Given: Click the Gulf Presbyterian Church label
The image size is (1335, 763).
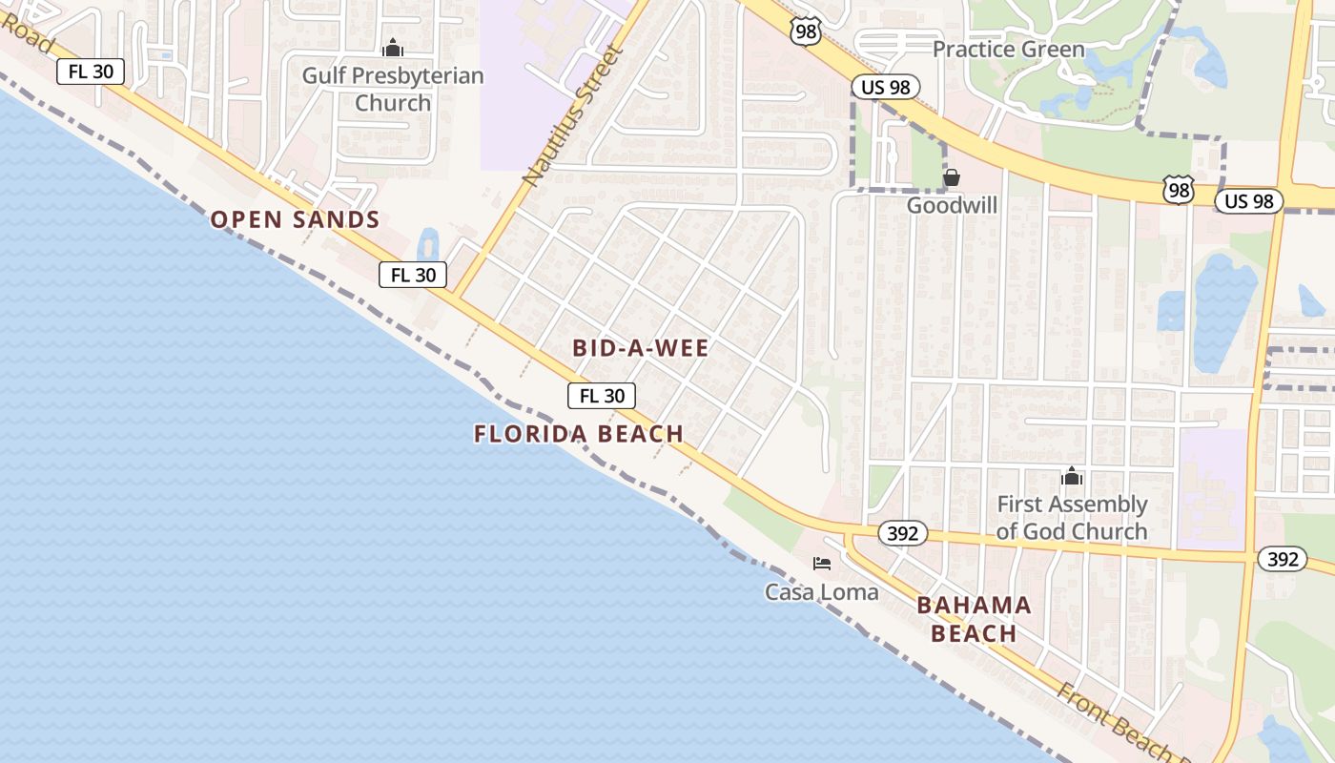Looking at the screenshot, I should coord(393,89).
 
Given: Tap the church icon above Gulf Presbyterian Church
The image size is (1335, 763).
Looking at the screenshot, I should coord(393,48).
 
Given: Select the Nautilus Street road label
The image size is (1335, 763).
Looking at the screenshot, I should coord(572,114).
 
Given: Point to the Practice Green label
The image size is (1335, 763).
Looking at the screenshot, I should coord(1008,49).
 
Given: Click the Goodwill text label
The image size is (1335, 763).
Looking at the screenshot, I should coord(952,205).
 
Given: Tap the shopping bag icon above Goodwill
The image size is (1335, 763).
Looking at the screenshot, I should coord(951,177).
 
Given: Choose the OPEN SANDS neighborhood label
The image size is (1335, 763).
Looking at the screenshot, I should coord(295,219).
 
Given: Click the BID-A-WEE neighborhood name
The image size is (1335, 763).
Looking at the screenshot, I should coord(641,348).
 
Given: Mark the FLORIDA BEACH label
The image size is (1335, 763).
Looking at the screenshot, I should coord(579,434).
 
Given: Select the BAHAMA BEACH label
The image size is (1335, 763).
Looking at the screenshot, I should coord(974,619).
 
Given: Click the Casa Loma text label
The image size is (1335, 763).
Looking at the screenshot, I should coord(821,592).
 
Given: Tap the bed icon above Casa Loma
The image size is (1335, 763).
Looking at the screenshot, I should coord(822,564).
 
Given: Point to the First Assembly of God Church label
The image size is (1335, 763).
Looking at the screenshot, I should coord(1072,518).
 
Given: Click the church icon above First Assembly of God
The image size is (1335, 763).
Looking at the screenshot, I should coord(1072,476).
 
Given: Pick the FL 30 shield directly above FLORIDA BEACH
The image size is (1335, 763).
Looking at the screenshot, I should coord(602,396).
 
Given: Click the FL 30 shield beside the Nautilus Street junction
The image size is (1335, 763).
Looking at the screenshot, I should coord(413,275).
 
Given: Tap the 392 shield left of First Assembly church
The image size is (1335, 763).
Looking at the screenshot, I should coord(901,533).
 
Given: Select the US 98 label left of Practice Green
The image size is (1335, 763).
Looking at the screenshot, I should coord(885,87).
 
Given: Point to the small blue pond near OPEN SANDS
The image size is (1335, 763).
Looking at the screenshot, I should coord(428,244).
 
